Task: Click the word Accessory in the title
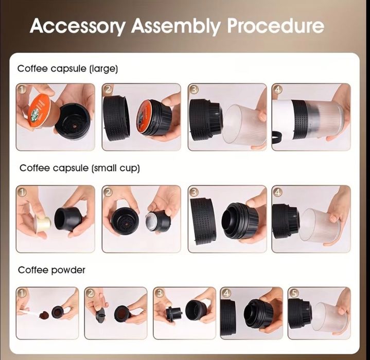(x=77, y=26)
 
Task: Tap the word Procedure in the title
(x=275, y=26)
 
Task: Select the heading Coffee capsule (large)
(x=67, y=68)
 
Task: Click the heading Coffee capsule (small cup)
(x=80, y=168)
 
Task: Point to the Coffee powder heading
(x=51, y=269)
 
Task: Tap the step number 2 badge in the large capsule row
(x=108, y=89)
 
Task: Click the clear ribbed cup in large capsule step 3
(x=243, y=124)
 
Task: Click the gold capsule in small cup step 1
(x=43, y=222)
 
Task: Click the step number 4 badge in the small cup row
(x=277, y=192)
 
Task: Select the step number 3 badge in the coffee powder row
(x=160, y=293)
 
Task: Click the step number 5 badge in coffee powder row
(x=294, y=293)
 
